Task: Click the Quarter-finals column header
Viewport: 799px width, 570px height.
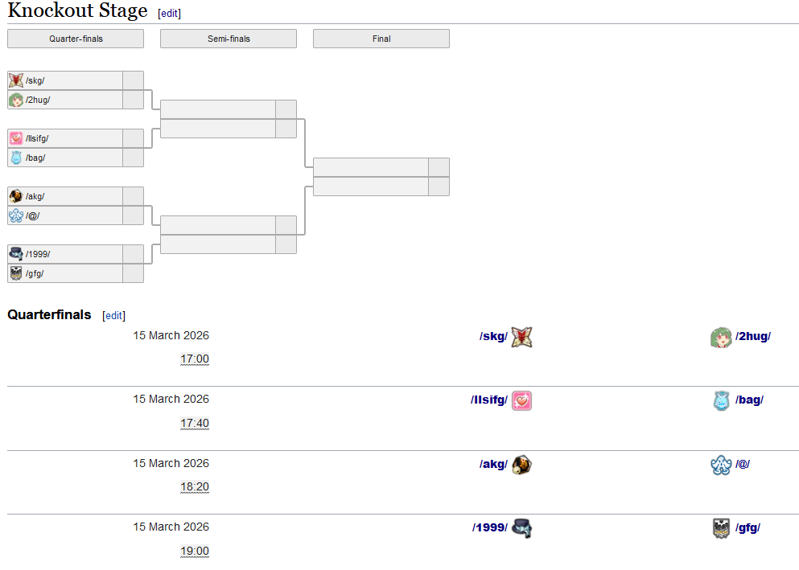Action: click(76, 39)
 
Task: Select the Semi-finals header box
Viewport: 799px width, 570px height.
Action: click(229, 39)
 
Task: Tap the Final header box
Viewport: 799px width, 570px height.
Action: click(381, 39)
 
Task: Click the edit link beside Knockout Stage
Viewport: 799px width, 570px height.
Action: click(170, 14)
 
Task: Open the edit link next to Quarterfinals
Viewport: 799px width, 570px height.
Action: click(114, 316)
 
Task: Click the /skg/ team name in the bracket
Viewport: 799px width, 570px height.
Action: click(35, 80)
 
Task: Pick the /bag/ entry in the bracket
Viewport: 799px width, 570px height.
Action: click(35, 158)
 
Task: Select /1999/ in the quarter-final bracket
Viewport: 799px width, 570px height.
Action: click(38, 254)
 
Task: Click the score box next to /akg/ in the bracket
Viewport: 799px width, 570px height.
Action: click(133, 196)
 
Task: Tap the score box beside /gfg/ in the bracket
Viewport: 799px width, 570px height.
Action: click(133, 273)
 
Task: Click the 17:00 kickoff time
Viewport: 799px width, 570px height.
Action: click(195, 359)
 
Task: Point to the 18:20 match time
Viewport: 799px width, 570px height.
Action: click(195, 487)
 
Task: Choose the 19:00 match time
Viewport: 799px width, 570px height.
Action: click(195, 551)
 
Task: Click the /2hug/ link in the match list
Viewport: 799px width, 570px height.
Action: click(752, 337)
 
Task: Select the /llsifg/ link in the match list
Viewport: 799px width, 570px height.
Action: click(489, 400)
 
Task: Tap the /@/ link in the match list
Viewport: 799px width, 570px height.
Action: click(743, 464)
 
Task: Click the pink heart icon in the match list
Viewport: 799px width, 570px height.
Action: click(521, 400)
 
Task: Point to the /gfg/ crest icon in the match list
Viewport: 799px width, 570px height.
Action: click(721, 528)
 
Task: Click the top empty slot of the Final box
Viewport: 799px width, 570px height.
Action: click(371, 167)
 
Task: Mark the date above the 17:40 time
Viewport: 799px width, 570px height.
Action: click(171, 400)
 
